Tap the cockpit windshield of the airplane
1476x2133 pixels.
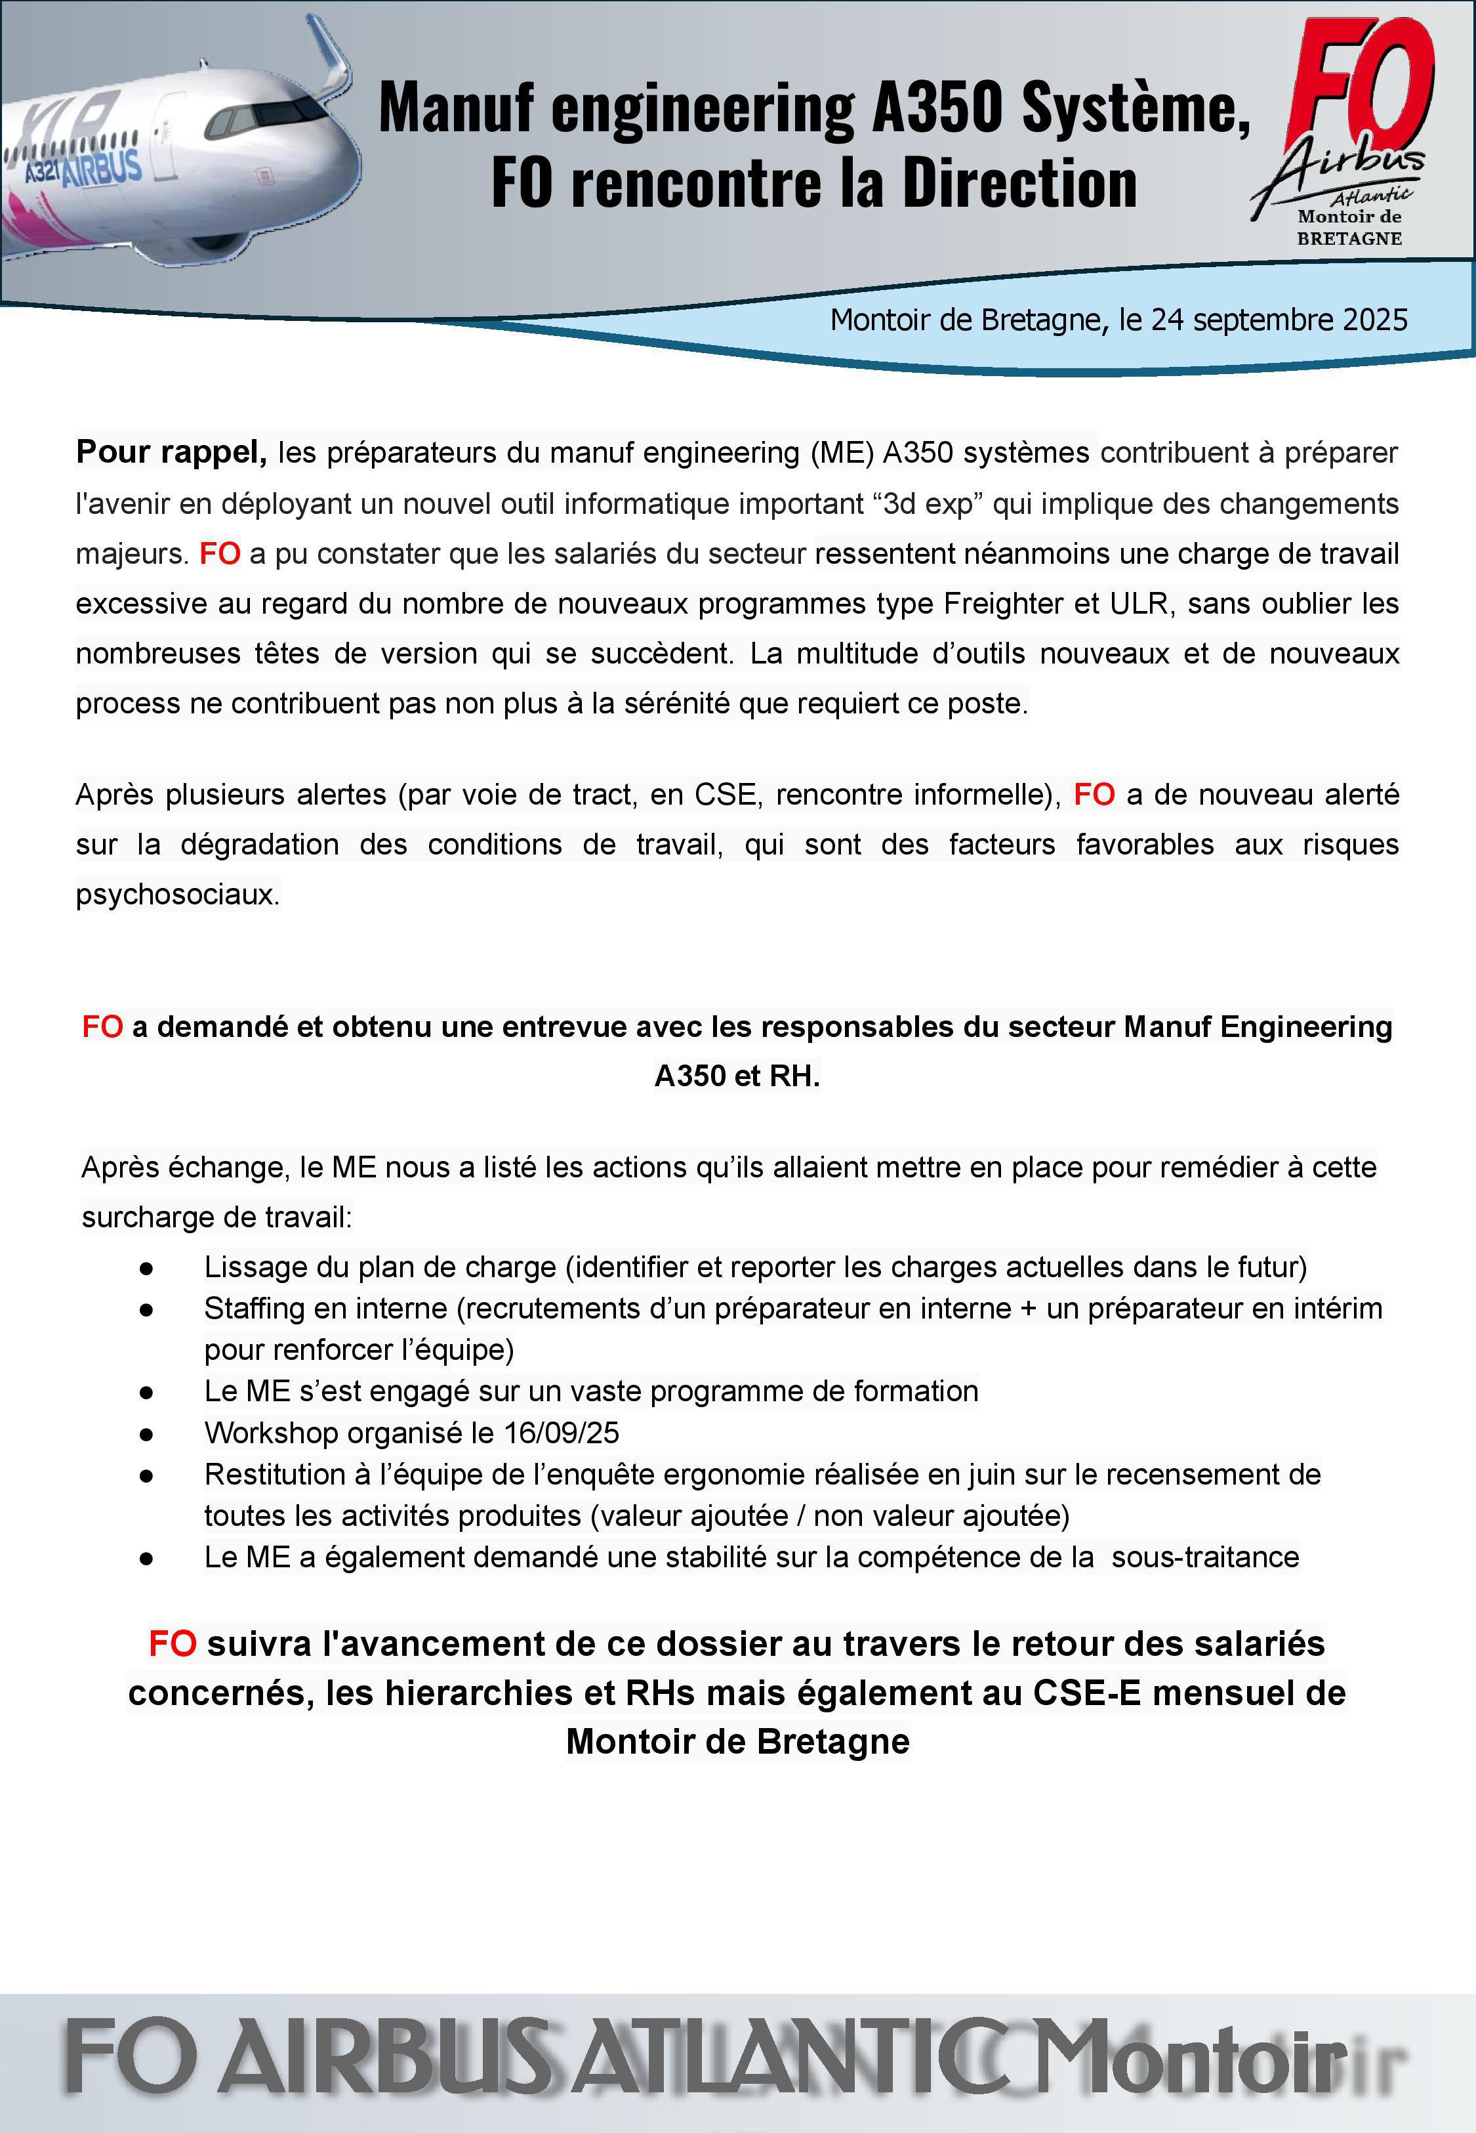tap(268, 115)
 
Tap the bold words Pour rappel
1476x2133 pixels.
tap(171, 452)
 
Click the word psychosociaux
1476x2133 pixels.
tap(176, 895)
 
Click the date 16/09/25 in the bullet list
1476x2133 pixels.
tap(562, 1433)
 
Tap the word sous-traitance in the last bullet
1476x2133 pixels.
tap(1205, 1557)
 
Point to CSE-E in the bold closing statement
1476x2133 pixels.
tap(1086, 1693)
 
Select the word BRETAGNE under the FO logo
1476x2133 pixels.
tap(1349, 239)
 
